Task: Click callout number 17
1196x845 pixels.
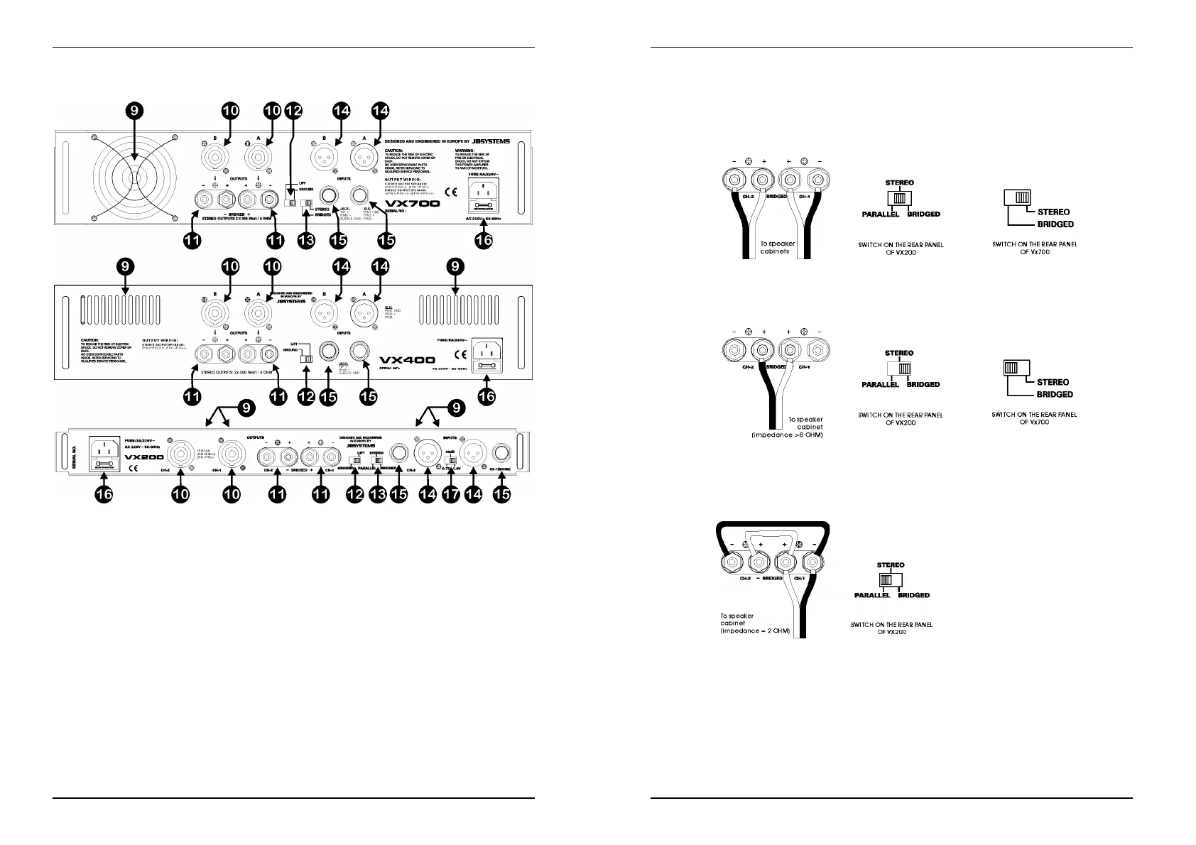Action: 451,495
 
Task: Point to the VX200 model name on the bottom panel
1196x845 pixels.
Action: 144,457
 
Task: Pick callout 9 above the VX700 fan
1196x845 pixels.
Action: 136,110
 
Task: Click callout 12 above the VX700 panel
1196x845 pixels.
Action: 293,110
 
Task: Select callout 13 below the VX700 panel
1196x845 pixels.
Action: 306,241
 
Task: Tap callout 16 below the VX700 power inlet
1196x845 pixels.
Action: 484,241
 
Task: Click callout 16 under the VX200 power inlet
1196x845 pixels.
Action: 104,495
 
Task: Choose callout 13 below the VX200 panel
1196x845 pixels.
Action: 377,495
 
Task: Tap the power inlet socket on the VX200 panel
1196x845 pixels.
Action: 104,453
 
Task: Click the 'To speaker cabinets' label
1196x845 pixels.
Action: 777,247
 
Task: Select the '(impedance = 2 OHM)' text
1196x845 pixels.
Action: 755,631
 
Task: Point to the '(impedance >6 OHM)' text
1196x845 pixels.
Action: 787,435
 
